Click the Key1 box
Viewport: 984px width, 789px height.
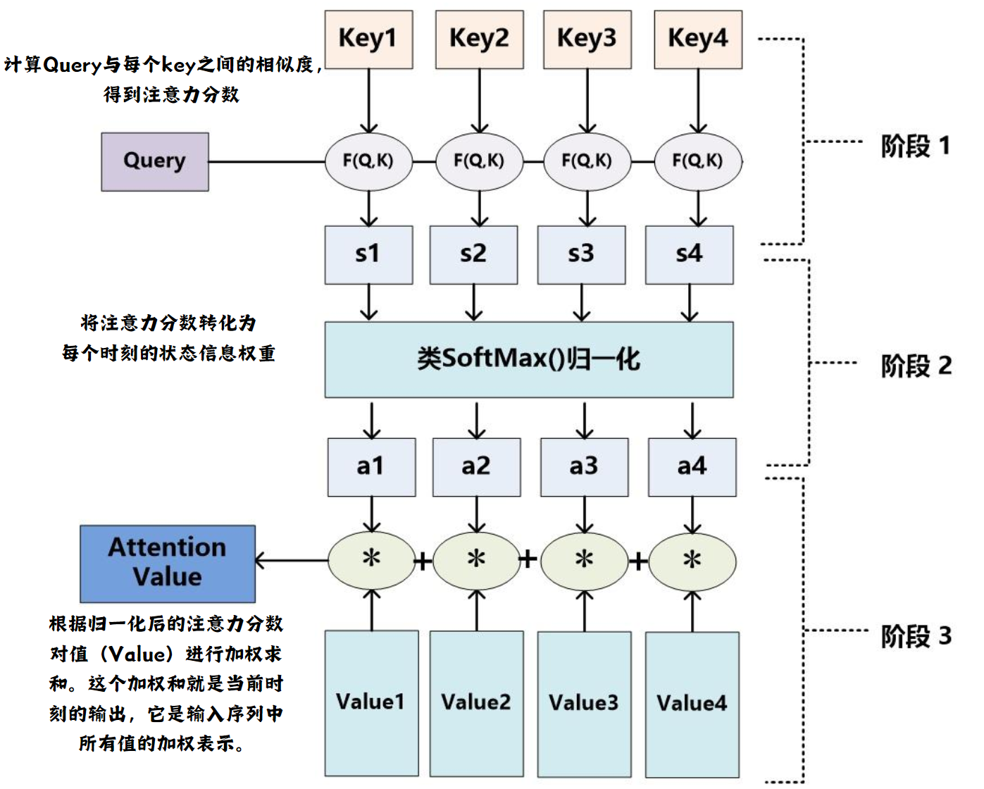[368, 39]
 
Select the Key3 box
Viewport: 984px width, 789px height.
[587, 39]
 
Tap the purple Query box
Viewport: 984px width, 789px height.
[155, 161]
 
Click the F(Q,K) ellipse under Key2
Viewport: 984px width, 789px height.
[479, 161]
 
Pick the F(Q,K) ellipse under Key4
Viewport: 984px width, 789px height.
[698, 161]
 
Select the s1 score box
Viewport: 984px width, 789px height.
[368, 254]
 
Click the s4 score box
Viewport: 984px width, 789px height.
[689, 254]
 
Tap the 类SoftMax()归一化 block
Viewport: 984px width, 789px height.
[528, 359]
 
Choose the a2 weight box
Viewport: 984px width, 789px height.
[476, 466]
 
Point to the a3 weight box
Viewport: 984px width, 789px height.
[584, 466]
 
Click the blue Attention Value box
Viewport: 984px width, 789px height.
[168, 563]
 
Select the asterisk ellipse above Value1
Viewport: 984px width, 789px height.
[371, 560]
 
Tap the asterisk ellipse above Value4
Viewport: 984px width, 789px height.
[692, 561]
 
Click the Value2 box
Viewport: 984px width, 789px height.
[476, 702]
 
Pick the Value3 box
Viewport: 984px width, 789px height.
[584, 703]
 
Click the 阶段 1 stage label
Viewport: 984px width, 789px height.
[916, 147]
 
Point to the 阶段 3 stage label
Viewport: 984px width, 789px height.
[916, 637]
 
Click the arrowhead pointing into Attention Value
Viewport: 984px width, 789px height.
[261, 561]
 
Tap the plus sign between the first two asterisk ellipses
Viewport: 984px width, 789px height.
[423, 561]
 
